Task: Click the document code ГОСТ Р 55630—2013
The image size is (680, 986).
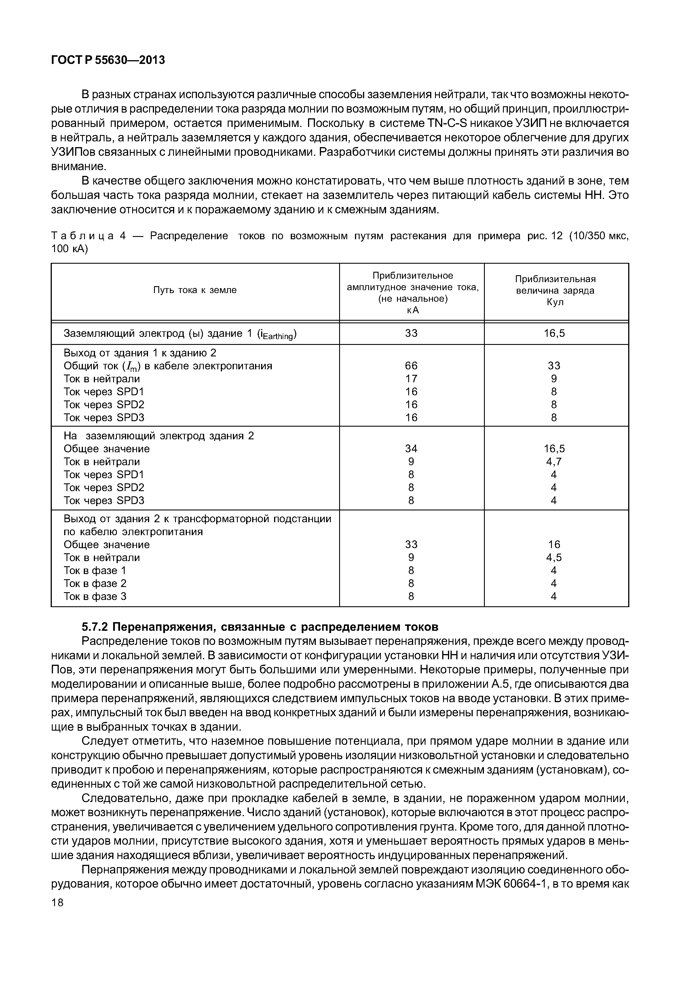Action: pyautogui.click(x=108, y=60)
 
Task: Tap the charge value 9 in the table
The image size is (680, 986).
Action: pyautogui.click(x=554, y=379)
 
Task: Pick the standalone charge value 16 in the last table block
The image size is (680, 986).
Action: pyautogui.click(x=554, y=545)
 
